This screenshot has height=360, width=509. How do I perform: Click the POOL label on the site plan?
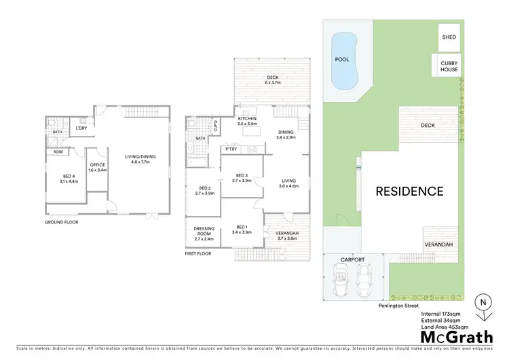tap(341, 59)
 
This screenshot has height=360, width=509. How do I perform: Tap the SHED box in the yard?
tap(449, 37)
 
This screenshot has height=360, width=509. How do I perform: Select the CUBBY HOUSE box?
tap(449, 67)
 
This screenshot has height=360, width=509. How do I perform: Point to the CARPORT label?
tap(353, 259)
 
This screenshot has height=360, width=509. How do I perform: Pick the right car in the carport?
tap(364, 278)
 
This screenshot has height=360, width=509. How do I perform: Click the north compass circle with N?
tap(483, 302)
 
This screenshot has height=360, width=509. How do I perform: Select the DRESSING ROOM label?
tap(204, 232)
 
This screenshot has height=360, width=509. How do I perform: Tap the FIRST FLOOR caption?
tap(198, 253)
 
